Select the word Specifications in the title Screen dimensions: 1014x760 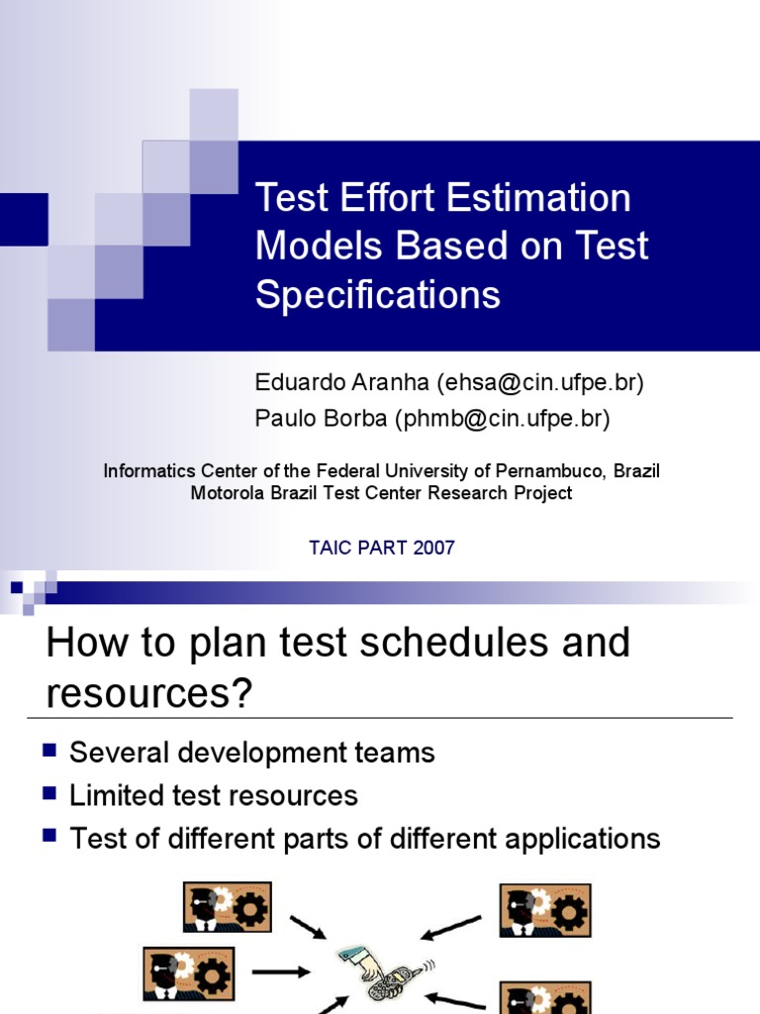click(378, 295)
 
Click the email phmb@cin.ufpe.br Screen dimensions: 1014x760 click(503, 419)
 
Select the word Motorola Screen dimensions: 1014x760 click(227, 492)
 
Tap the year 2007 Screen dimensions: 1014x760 click(434, 548)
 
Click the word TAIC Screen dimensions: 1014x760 click(332, 548)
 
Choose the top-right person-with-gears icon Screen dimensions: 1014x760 click(545, 910)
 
